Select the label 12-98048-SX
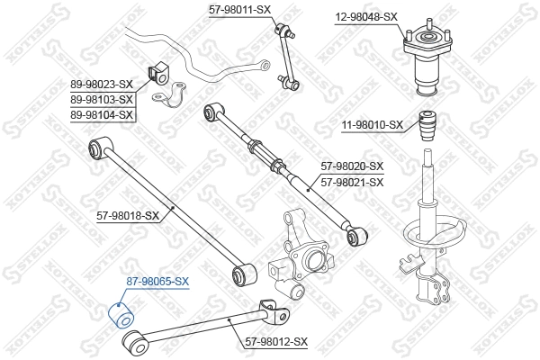click(366, 17)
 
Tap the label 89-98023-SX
click(102, 85)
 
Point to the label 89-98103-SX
click(102, 100)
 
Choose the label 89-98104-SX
click(102, 115)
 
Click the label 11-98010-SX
click(371, 125)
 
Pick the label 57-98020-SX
click(352, 166)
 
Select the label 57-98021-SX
click(352, 182)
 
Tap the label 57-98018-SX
click(128, 216)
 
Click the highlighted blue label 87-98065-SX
click(157, 282)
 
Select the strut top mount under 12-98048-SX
click(425, 63)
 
